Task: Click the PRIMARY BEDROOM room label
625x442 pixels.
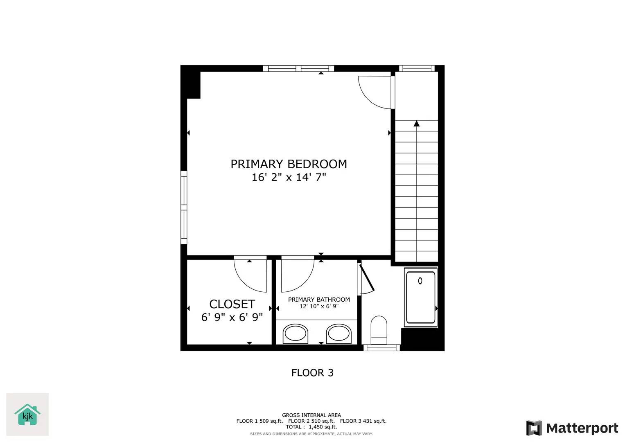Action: pyautogui.click(x=289, y=164)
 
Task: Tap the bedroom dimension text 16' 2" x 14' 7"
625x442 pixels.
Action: pyautogui.click(x=289, y=177)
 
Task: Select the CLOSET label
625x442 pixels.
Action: pyautogui.click(x=232, y=304)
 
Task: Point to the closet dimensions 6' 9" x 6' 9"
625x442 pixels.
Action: pyautogui.click(x=232, y=317)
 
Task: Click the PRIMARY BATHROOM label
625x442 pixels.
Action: pyautogui.click(x=319, y=300)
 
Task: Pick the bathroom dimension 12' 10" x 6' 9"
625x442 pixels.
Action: pyautogui.click(x=319, y=306)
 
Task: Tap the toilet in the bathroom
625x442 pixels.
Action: pyautogui.click(x=379, y=329)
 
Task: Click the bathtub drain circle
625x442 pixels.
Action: pyautogui.click(x=420, y=281)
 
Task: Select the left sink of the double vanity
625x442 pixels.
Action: pyautogui.click(x=296, y=334)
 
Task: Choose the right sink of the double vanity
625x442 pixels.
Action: pyautogui.click(x=339, y=334)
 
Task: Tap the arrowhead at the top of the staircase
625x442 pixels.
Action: pyautogui.click(x=417, y=124)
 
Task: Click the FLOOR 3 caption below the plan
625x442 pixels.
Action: pyautogui.click(x=312, y=373)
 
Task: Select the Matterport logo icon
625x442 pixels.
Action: pyautogui.click(x=534, y=428)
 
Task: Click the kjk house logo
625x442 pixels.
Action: pyautogui.click(x=27, y=415)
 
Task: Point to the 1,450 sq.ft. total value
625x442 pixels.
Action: pyautogui.click(x=323, y=427)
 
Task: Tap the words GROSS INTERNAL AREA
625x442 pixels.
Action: pyautogui.click(x=311, y=415)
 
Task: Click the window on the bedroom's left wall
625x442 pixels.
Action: pyautogui.click(x=184, y=207)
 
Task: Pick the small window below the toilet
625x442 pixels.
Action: pyautogui.click(x=381, y=348)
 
